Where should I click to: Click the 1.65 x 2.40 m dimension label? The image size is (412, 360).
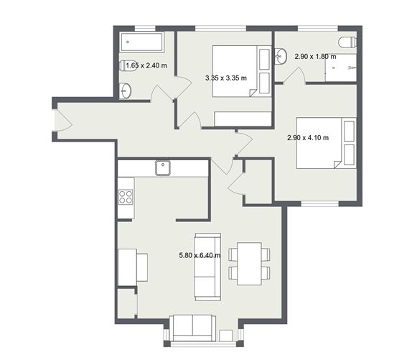pyautogui.click(x=146, y=65)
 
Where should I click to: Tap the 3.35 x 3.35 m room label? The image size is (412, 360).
pyautogui.click(x=226, y=78)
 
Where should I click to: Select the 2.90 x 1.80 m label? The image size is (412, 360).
pyautogui.click(x=315, y=57)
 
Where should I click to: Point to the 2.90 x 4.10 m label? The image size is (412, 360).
pyautogui.click(x=308, y=137)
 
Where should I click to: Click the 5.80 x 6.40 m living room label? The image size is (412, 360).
pyautogui.click(x=200, y=255)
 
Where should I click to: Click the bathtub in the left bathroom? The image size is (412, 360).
pyautogui.click(x=141, y=42)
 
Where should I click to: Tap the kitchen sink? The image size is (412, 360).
pyautogui.click(x=163, y=167)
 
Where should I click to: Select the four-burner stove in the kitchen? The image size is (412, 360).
pyautogui.click(x=126, y=197)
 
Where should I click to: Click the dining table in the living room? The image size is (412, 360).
pyautogui.click(x=249, y=264)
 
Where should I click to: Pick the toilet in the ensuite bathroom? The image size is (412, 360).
pyautogui.click(x=347, y=42)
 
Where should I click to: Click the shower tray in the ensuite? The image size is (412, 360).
pyautogui.click(x=341, y=68)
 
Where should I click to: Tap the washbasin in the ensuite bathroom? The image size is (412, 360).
pyautogui.click(x=281, y=56)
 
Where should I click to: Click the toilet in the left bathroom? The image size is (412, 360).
pyautogui.click(x=128, y=65)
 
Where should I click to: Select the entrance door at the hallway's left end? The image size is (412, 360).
pyautogui.click(x=63, y=120)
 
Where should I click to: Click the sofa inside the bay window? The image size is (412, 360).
pyautogui.click(x=192, y=328)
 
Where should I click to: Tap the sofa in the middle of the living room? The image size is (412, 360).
pyautogui.click(x=207, y=267)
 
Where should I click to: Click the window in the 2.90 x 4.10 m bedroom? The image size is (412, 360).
pyautogui.click(x=320, y=204)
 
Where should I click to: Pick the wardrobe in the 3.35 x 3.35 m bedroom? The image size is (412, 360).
pyautogui.click(x=243, y=119)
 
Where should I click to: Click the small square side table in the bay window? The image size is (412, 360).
pyautogui.click(x=226, y=336)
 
